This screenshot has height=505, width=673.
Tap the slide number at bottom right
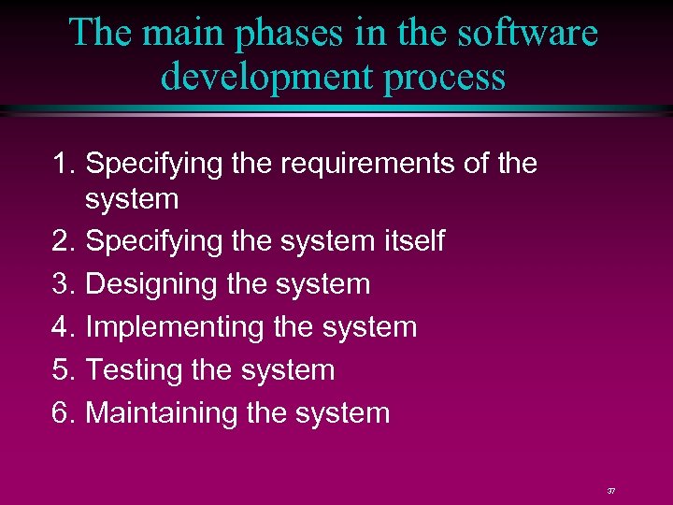tap(611, 491)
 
